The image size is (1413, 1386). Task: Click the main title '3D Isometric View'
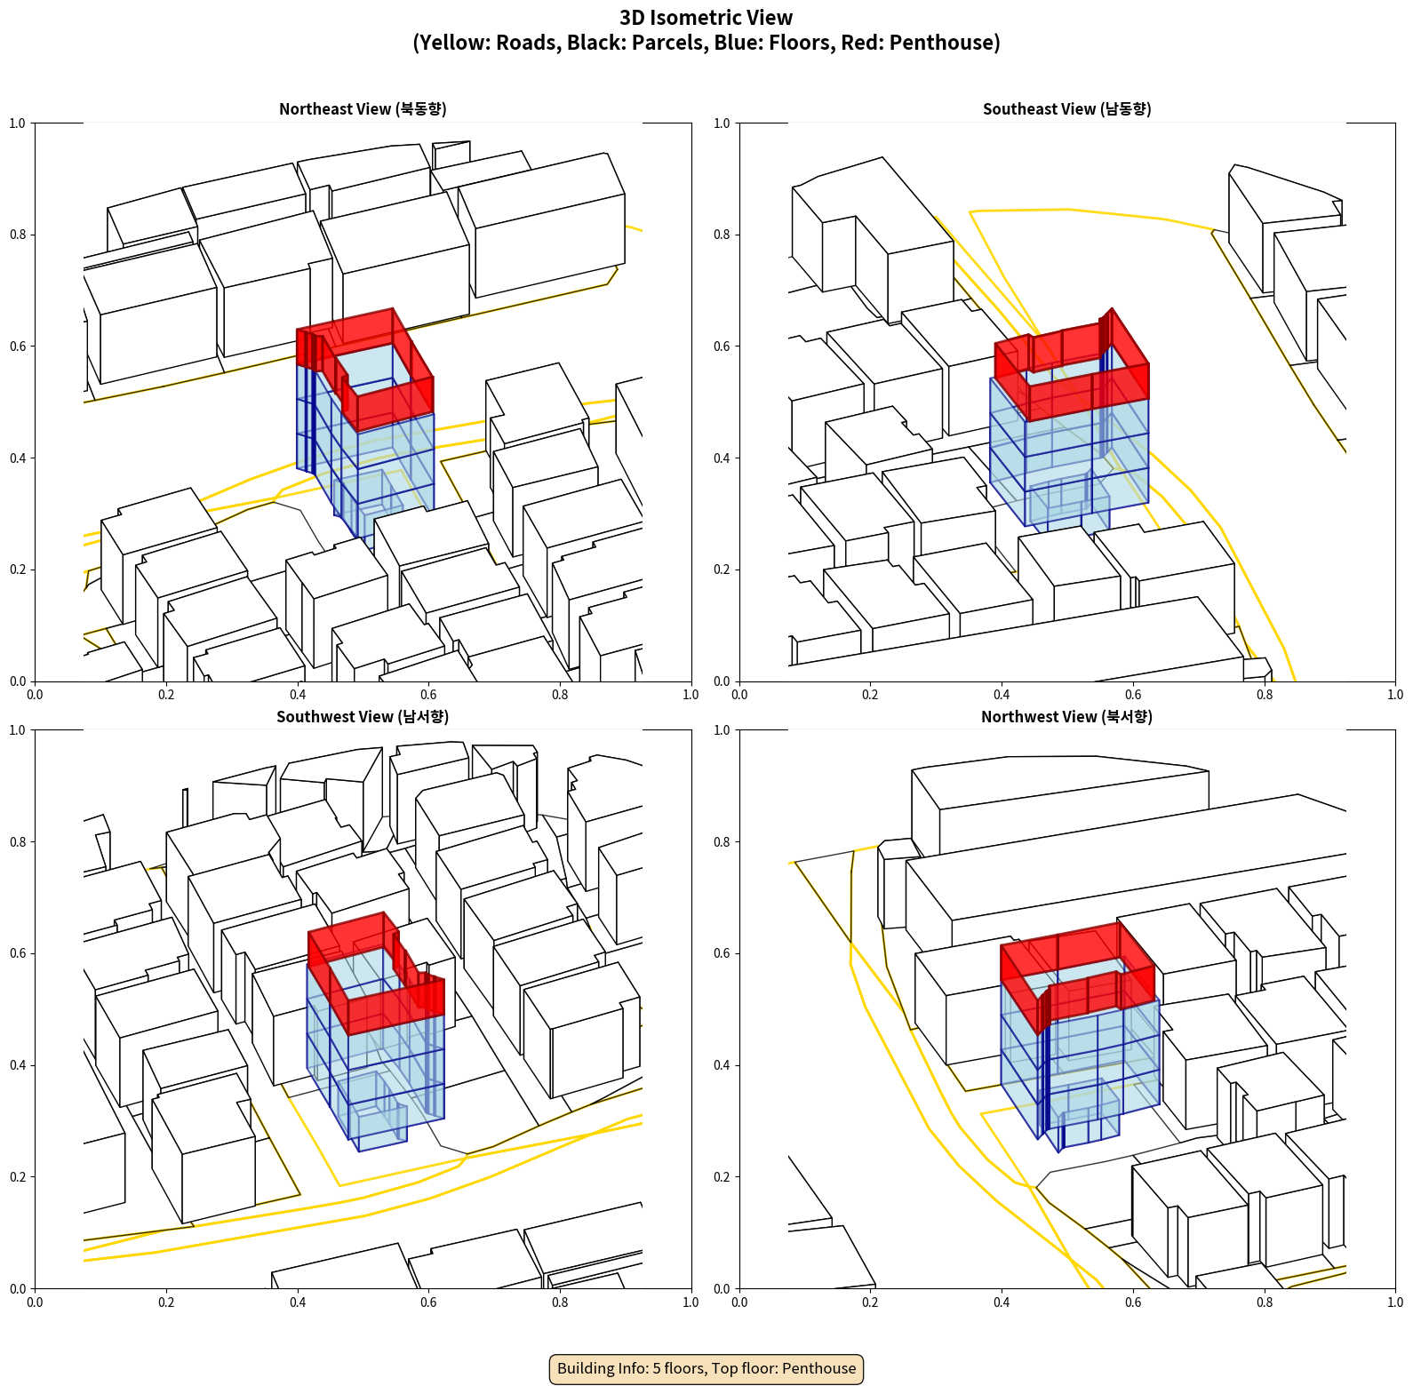tap(706, 18)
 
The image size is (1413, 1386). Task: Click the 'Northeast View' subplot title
tap(363, 108)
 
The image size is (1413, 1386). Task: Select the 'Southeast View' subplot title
tap(1066, 108)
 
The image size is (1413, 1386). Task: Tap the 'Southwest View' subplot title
tap(363, 716)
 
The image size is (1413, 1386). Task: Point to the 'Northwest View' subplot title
tap(1066, 716)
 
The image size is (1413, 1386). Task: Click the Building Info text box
tap(706, 1368)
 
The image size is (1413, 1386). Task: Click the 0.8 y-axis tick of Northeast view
tap(18, 235)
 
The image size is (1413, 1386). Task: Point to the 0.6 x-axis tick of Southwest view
tap(428, 1302)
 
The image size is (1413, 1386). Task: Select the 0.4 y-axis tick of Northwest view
tap(722, 1065)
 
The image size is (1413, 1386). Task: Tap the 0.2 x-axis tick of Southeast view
tap(870, 695)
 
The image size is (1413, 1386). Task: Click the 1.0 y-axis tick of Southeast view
tap(722, 123)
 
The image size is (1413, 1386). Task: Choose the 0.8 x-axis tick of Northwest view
tap(1265, 1302)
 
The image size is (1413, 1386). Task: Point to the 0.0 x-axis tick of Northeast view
tap(35, 695)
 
